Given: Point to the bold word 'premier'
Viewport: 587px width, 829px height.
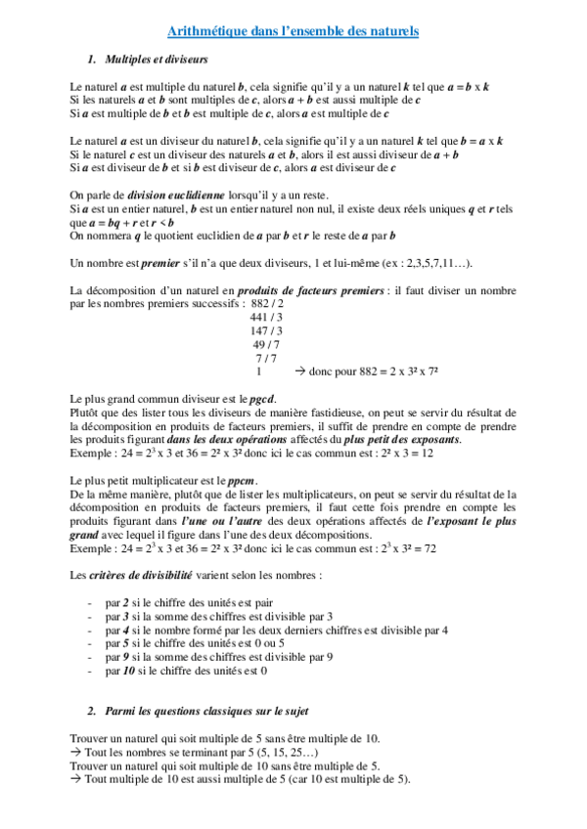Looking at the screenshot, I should [160, 263].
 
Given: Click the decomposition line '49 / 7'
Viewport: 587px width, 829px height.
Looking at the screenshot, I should [267, 345].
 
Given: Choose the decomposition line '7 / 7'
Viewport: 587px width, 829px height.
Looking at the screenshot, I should [266, 359].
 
